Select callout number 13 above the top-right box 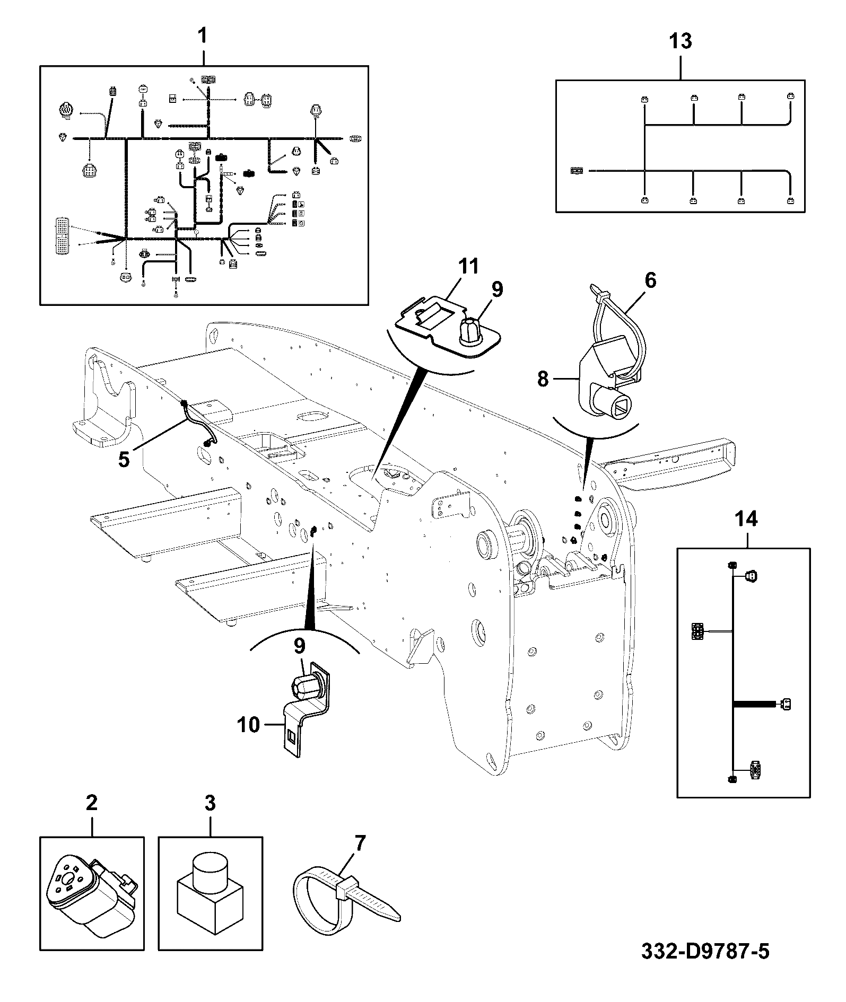681,41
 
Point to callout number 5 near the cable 124,459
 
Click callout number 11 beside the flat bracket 468,267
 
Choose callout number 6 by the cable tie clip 650,280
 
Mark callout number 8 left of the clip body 543,379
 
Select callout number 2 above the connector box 92,818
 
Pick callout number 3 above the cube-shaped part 210,818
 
